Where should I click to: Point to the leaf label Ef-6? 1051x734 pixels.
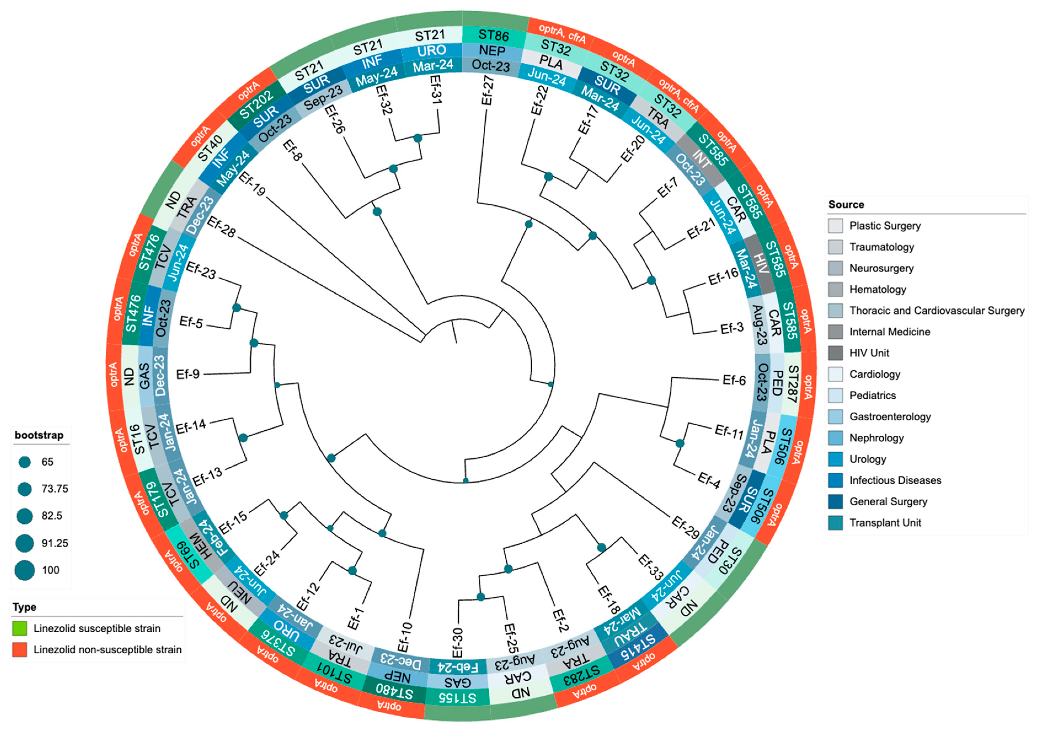(734, 380)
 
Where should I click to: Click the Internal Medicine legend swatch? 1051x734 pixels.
(835, 332)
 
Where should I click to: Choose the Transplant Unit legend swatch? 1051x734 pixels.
(835, 523)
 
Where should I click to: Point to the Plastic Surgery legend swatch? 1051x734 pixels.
(835, 225)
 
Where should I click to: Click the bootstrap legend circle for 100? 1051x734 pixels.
(25, 570)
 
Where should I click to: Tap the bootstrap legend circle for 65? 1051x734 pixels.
(25, 462)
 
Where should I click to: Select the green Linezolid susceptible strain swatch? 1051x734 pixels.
(20, 628)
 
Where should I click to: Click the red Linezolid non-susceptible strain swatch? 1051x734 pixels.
(20, 649)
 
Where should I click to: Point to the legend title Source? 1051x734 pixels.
(846, 205)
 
